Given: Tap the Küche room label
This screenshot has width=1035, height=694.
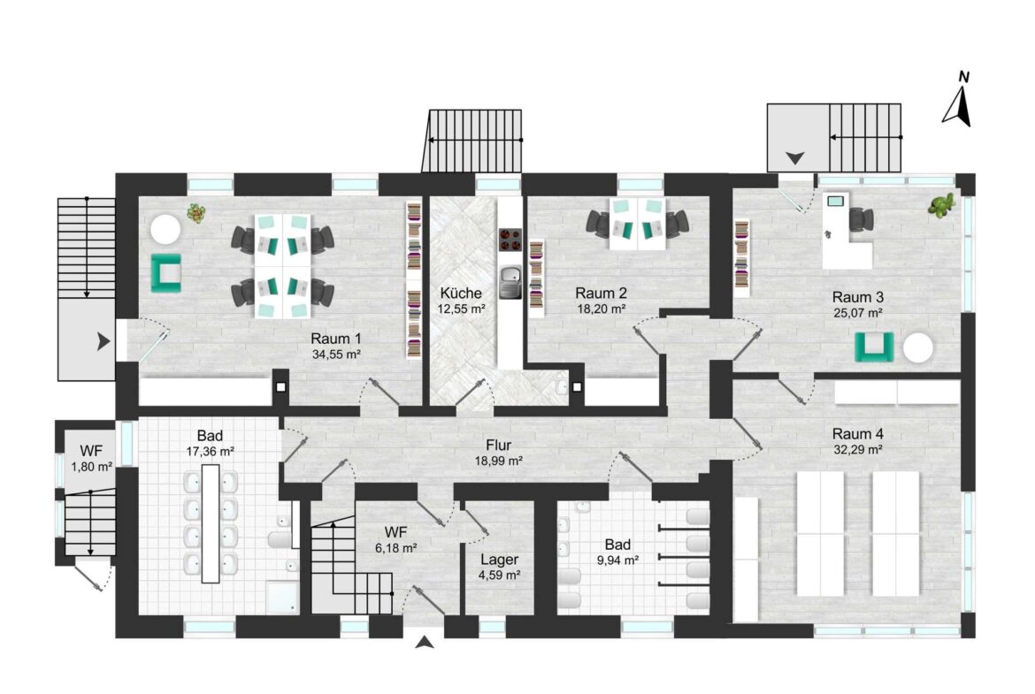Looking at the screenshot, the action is (462, 293).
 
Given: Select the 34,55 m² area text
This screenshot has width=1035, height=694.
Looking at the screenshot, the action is (336, 355).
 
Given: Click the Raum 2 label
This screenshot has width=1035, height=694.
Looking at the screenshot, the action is (601, 293).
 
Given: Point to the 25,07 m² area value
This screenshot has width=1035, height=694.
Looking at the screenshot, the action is (857, 313).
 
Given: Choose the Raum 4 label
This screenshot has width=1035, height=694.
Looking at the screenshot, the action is (857, 434).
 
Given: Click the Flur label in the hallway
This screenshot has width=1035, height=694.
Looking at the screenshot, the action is (498, 446).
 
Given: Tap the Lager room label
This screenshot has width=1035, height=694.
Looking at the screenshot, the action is (499, 561).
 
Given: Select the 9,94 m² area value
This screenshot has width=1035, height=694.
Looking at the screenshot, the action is (617, 561).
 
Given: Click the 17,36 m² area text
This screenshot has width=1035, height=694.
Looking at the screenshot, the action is (210, 452).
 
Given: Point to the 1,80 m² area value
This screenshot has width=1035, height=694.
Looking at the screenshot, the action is (92, 467).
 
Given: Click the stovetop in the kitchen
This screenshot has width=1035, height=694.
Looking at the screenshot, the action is (510, 240).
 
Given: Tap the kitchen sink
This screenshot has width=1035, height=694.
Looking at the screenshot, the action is (510, 282).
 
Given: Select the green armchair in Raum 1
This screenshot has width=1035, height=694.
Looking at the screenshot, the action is (165, 272).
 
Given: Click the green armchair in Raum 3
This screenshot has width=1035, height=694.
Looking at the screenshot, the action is (875, 347).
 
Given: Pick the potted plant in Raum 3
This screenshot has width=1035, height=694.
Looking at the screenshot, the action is (942, 204).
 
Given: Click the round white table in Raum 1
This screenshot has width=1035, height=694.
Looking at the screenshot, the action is (165, 230).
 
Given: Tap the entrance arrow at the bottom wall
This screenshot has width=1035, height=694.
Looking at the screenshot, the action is (425, 642).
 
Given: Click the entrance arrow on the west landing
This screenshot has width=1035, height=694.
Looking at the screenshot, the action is (103, 342).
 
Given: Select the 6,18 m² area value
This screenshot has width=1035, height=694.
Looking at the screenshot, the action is (395, 548).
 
